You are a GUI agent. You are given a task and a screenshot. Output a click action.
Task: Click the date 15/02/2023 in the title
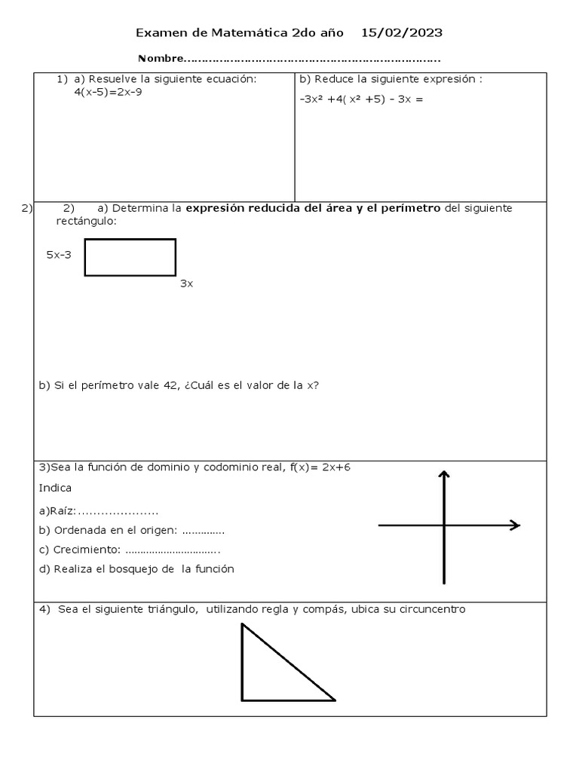point(402,32)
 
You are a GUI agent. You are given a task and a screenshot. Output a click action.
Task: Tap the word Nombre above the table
point(161,59)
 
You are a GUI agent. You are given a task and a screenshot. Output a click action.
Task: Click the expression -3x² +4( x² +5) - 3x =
point(361,98)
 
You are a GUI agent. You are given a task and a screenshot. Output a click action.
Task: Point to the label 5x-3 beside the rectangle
point(59,255)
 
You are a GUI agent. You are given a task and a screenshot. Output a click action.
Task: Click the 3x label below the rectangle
point(186,283)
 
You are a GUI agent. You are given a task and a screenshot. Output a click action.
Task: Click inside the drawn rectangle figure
point(130,257)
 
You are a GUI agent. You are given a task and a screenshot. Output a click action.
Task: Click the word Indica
point(55,488)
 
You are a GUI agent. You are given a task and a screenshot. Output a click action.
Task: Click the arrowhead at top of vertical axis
point(444,474)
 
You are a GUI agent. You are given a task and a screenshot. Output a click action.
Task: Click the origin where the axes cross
point(444,525)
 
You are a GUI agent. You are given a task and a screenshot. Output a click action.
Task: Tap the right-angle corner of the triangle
point(242,700)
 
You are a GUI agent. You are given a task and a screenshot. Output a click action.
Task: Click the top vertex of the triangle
point(242,625)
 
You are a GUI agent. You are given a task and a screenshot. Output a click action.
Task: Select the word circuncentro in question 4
point(433,609)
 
